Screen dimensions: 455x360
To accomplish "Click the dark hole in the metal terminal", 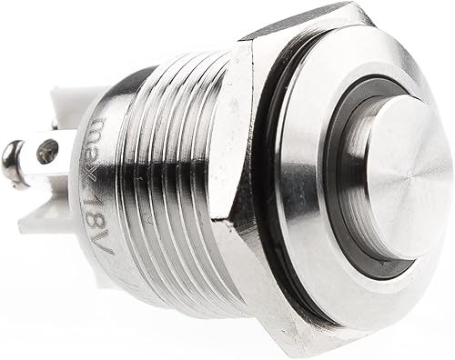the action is coord(47,152).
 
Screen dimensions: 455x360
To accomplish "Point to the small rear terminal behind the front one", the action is coord(54,124).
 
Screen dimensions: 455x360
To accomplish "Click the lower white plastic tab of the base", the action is coord(45,221).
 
